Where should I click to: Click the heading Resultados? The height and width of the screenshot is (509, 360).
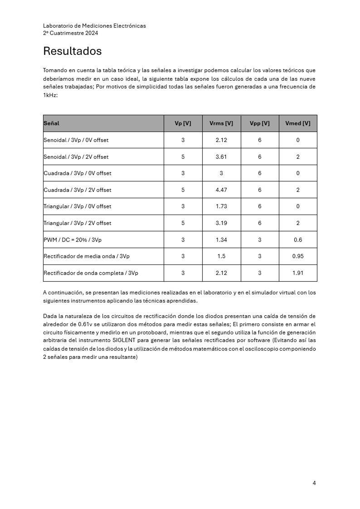pos(72,51)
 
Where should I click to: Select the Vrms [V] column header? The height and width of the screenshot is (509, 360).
pos(221,123)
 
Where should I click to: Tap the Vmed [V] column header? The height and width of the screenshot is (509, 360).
pos(298,123)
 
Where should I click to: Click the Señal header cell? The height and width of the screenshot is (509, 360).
pos(51,123)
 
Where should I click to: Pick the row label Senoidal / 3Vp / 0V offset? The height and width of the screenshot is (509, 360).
pos(76,140)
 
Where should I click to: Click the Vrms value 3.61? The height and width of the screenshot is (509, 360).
pos(221,157)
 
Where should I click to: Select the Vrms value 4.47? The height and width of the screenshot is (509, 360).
pos(221,190)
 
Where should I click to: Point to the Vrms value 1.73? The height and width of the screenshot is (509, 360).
pos(221,206)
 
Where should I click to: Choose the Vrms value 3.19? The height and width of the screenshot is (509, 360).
pos(221,223)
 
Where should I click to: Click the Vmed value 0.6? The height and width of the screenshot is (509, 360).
pos(298,240)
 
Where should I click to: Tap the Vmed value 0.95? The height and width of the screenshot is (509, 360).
pos(298,256)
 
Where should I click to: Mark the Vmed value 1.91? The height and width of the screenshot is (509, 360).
pos(298,273)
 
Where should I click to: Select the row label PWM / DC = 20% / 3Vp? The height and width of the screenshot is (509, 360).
pos(73,240)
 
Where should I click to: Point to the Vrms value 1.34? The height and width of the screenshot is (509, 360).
pos(221,240)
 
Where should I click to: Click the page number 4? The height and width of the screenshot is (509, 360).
pos(314,483)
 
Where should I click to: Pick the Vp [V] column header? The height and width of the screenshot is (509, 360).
pos(183,123)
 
